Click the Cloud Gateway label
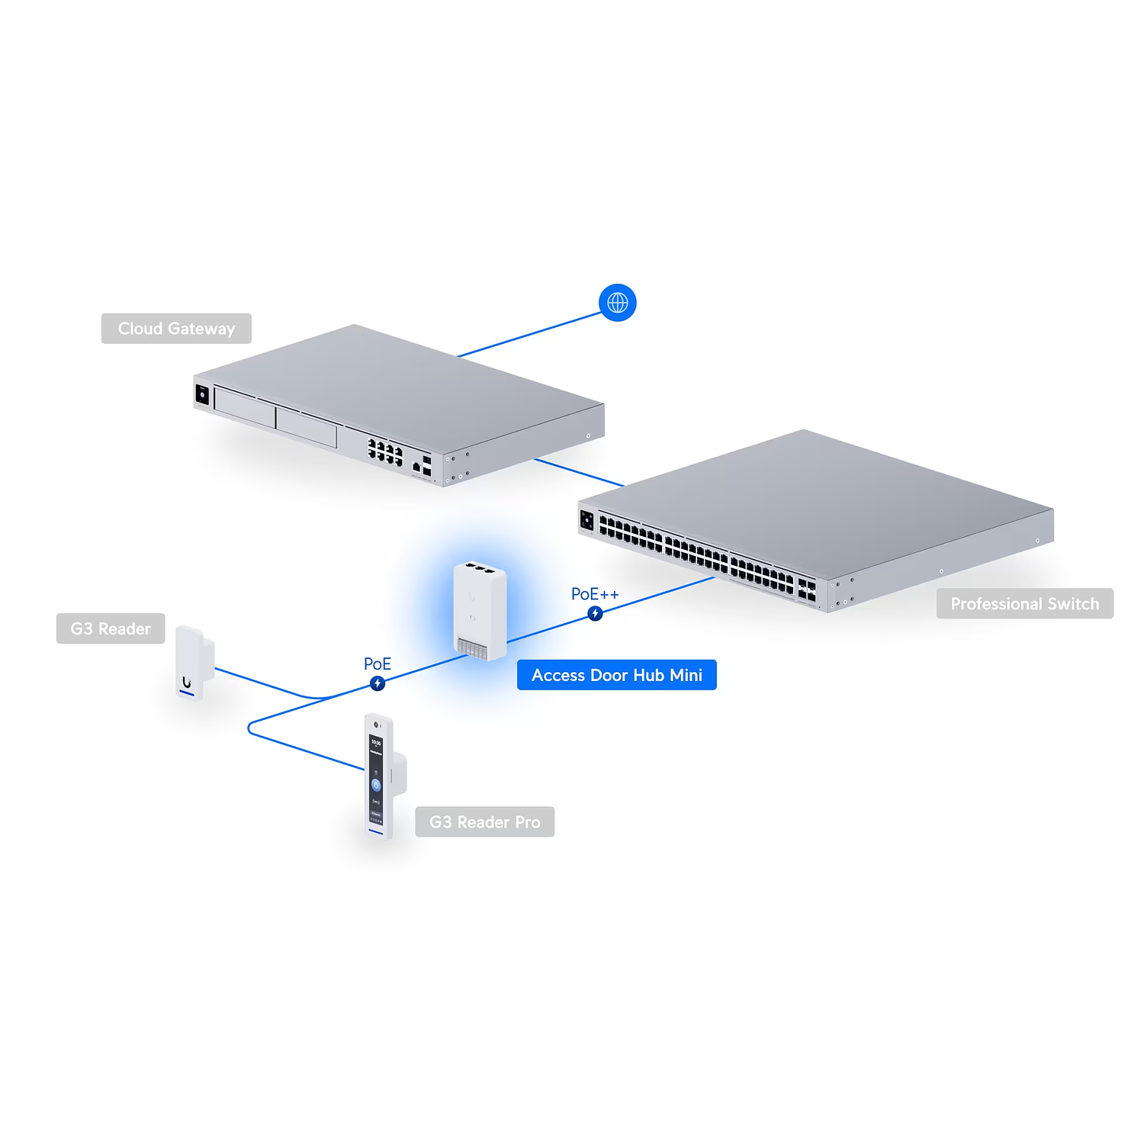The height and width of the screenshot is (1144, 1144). [176, 329]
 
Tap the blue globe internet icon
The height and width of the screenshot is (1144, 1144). [617, 303]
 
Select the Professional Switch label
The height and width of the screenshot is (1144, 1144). [1024, 604]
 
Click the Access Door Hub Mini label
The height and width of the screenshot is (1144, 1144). [616, 675]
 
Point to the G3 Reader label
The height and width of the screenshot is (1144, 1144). [111, 628]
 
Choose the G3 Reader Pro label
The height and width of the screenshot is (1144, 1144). [484, 822]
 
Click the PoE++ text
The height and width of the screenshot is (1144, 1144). [595, 594]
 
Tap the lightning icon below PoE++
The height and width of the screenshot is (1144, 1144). [596, 613]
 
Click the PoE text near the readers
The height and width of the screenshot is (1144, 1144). [377, 664]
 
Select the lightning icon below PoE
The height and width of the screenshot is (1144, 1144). [378, 683]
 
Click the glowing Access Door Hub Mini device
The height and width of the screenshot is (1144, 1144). [480, 610]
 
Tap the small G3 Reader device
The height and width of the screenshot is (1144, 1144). [192, 660]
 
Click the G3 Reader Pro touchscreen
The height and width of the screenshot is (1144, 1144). [376, 778]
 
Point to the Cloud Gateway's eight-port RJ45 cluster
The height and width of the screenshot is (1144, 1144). [385, 451]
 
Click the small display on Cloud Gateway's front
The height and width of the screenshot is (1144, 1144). [202, 394]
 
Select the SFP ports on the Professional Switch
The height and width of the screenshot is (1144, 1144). [806, 589]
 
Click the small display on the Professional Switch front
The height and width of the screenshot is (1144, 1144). [586, 519]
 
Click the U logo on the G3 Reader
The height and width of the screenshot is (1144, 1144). [186, 682]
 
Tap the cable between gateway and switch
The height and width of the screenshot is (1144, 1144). [580, 472]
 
